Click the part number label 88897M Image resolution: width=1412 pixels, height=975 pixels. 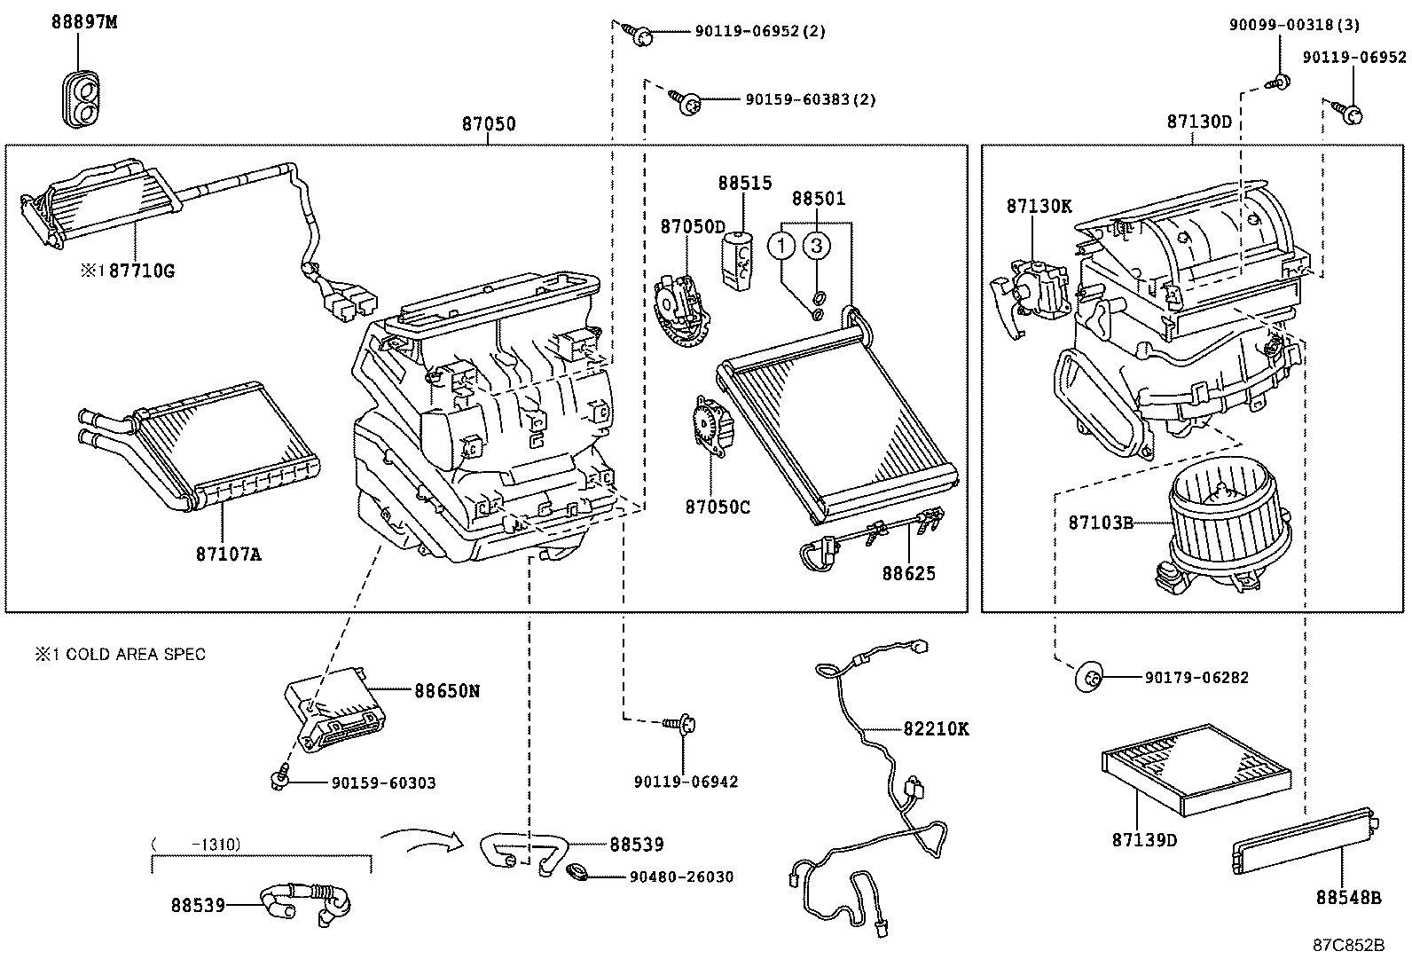click(83, 23)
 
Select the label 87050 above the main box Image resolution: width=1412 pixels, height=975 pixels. click(488, 124)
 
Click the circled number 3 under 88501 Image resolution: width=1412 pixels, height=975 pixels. click(818, 244)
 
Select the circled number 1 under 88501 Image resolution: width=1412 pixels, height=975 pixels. click(781, 244)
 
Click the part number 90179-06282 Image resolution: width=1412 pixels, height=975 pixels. click(1196, 678)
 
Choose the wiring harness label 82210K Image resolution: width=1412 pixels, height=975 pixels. click(936, 728)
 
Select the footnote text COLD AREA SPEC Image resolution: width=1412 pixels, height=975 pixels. click(129, 655)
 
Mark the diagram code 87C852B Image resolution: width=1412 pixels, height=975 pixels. click(1348, 945)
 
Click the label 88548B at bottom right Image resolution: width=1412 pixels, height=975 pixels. click(1348, 898)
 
